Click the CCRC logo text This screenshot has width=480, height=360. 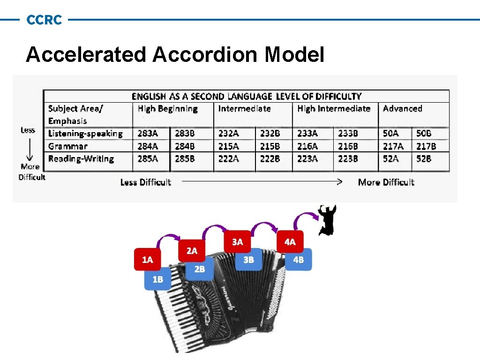(x=44, y=20)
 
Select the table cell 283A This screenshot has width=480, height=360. (x=148, y=134)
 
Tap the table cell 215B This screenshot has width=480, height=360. (x=270, y=146)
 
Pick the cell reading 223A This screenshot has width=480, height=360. (x=307, y=159)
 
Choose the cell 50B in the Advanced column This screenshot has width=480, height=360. (x=424, y=134)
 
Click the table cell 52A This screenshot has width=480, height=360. (x=390, y=159)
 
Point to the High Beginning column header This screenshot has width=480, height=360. (x=167, y=109)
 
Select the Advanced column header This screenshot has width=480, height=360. (x=402, y=109)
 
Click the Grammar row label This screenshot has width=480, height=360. (x=67, y=146)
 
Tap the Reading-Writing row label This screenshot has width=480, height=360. (x=81, y=159)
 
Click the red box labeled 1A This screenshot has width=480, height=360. (x=148, y=260)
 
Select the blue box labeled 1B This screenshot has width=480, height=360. (x=158, y=279)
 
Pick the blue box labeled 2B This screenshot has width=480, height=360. (x=200, y=269)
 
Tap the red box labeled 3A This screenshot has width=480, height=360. (x=238, y=242)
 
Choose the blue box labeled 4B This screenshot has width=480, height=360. (x=298, y=260)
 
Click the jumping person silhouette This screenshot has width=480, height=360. (x=326, y=219)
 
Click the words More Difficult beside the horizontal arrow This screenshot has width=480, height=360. (x=386, y=182)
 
